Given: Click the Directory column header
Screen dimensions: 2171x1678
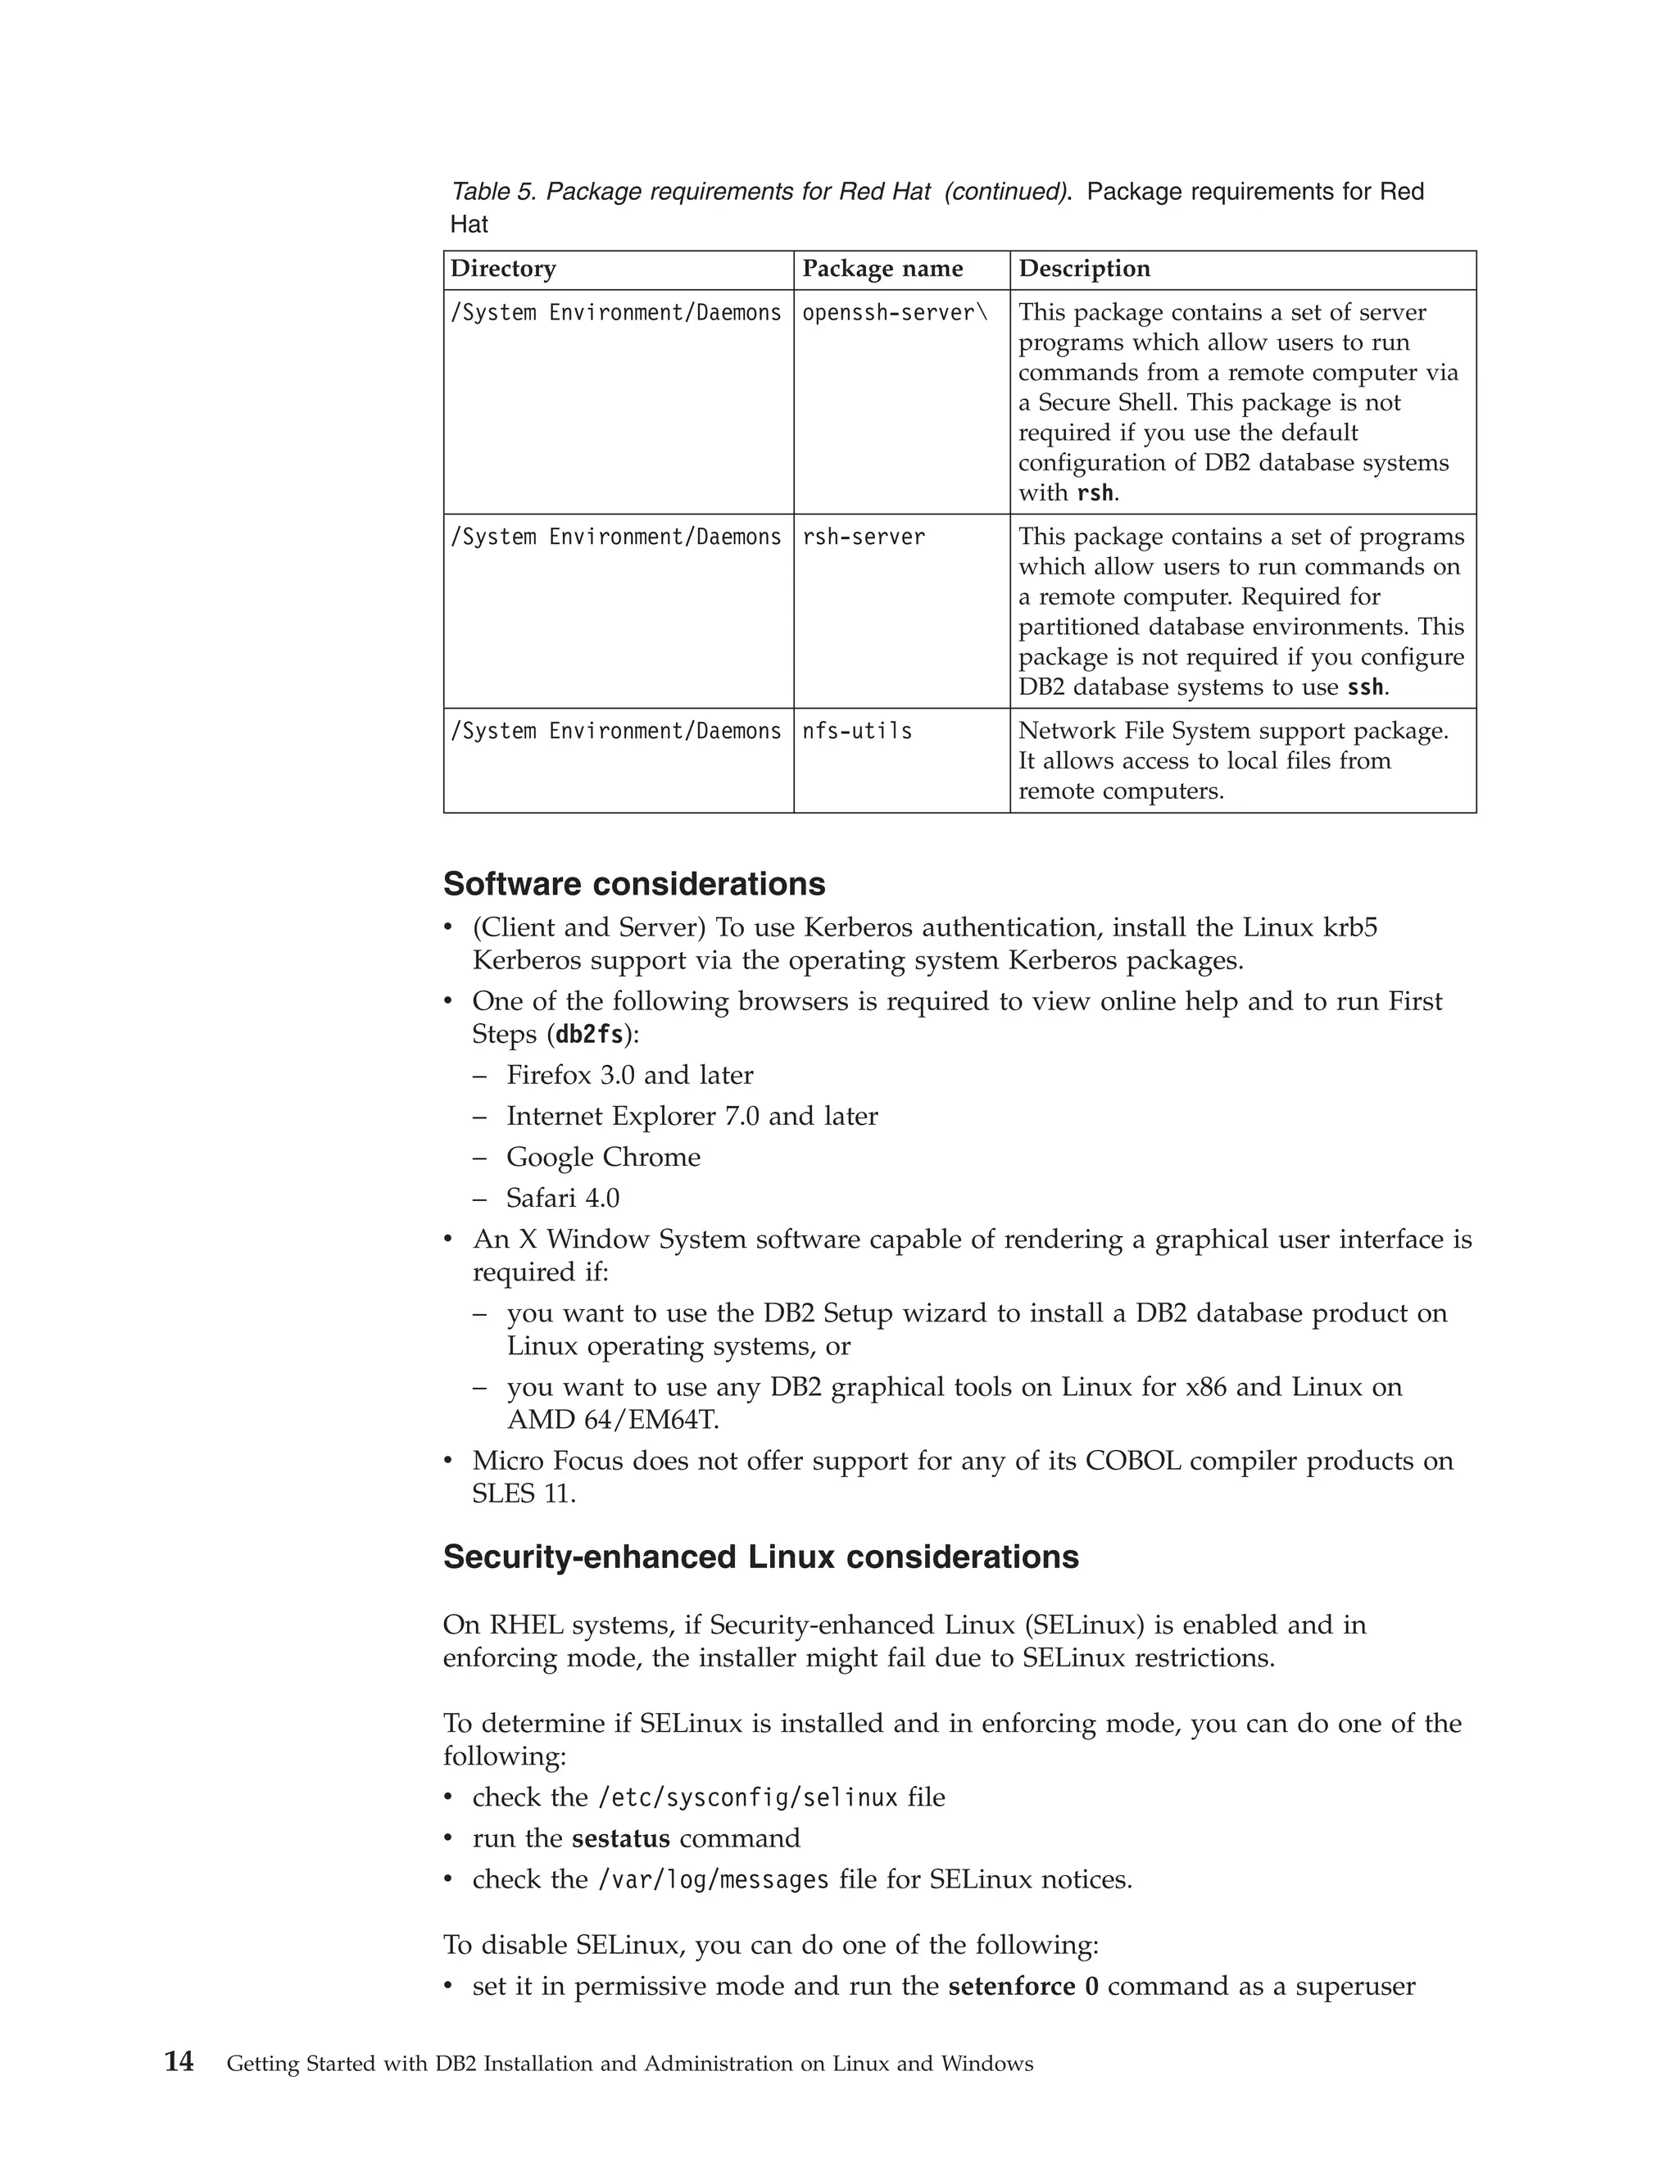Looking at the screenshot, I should click(503, 269).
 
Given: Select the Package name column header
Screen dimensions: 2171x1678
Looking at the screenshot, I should click(882, 269).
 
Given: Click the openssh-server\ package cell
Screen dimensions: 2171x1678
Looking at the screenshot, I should click(895, 313).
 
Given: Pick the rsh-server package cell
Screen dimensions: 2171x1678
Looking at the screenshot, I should click(863, 537).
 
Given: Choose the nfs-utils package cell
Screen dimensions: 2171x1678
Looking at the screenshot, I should click(857, 732).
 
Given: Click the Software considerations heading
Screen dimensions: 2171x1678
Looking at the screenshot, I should click(634, 884).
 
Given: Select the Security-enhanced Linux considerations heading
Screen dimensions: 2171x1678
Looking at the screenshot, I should click(760, 1557).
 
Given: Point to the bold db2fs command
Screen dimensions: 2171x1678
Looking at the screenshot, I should click(589, 1035).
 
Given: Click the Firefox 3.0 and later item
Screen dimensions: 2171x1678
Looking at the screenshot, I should click(629, 1075).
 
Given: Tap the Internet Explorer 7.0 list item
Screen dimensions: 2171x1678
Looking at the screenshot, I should click(692, 1117).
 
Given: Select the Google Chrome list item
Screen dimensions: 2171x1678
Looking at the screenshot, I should click(602, 1157).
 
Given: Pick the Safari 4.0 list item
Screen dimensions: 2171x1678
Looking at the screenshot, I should click(563, 1198).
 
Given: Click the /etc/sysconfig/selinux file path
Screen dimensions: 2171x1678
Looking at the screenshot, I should click(746, 1797).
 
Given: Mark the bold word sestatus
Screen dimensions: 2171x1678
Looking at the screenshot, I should click(620, 1838).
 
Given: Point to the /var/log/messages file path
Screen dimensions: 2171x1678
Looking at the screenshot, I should click(713, 1879).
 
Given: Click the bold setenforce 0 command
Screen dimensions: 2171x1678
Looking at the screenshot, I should click(1023, 1986).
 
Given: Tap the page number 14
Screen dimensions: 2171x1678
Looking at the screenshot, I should click(179, 2063).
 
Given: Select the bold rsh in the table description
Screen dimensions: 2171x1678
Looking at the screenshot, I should click(1095, 493).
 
